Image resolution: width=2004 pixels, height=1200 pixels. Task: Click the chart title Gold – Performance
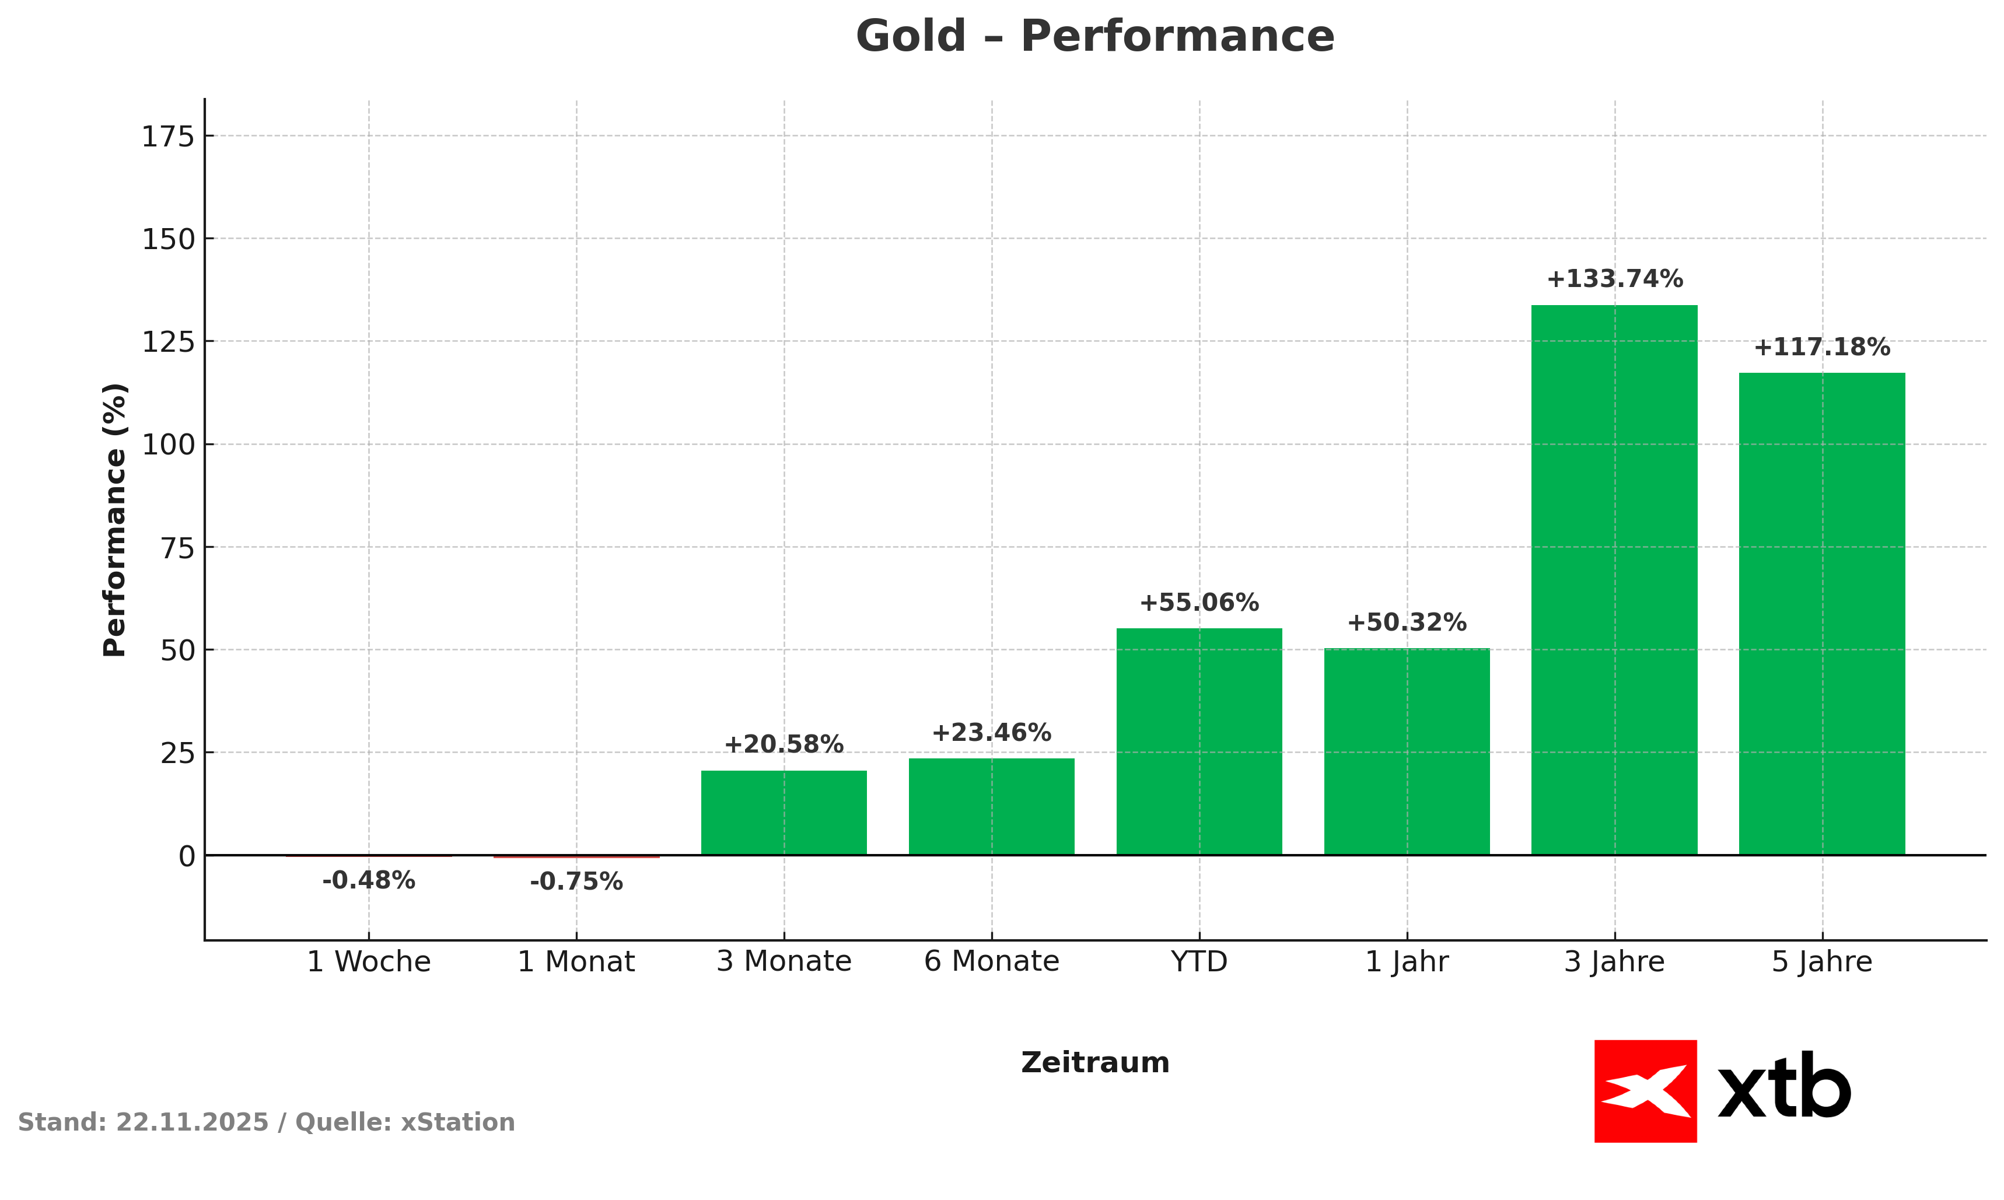pyautogui.click(x=1094, y=37)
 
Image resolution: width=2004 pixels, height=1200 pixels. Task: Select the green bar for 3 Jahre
pyautogui.click(x=1614, y=579)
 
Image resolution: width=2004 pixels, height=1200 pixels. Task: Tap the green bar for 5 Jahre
pyautogui.click(x=1822, y=613)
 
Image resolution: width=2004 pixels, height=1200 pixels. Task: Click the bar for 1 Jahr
pyautogui.click(x=1407, y=750)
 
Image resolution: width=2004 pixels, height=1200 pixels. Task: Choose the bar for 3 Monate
pyautogui.click(x=784, y=812)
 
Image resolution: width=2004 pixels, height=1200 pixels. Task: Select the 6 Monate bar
pyautogui.click(x=991, y=806)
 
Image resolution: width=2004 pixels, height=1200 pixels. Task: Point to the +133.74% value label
pyautogui.click(x=1614, y=279)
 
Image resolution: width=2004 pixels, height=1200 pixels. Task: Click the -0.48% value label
pyautogui.click(x=369, y=880)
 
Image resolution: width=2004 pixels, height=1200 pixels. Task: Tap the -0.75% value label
pyautogui.click(x=576, y=881)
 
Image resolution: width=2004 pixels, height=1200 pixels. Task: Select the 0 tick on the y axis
pyautogui.click(x=187, y=856)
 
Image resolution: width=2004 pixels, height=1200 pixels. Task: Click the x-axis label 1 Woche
pyautogui.click(x=369, y=961)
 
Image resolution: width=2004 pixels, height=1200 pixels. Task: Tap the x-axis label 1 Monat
pyautogui.click(x=576, y=961)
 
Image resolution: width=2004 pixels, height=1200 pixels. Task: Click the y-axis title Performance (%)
pyautogui.click(x=115, y=519)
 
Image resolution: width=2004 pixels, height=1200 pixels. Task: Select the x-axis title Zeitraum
pyautogui.click(x=1094, y=1062)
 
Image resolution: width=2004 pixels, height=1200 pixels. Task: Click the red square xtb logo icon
pyautogui.click(x=1645, y=1091)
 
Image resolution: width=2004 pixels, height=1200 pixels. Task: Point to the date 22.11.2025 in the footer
pyautogui.click(x=192, y=1122)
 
